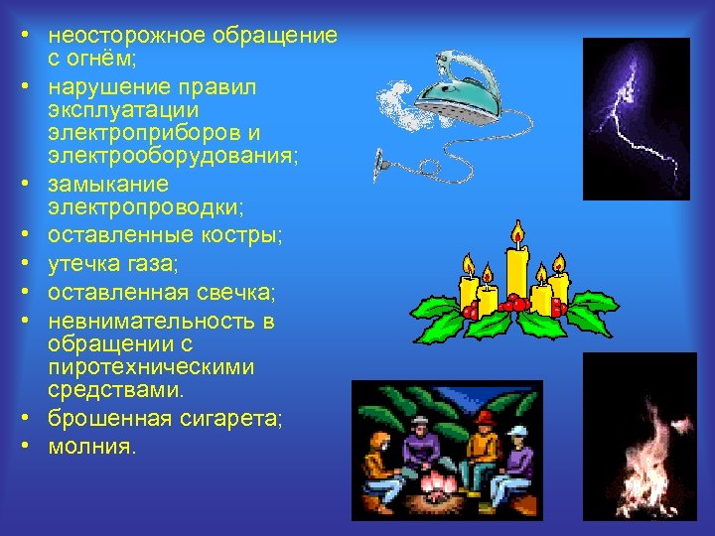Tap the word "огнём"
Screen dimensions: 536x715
coord(101,61)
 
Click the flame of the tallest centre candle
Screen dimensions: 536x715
coord(516,234)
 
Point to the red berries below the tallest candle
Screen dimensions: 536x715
coord(514,302)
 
